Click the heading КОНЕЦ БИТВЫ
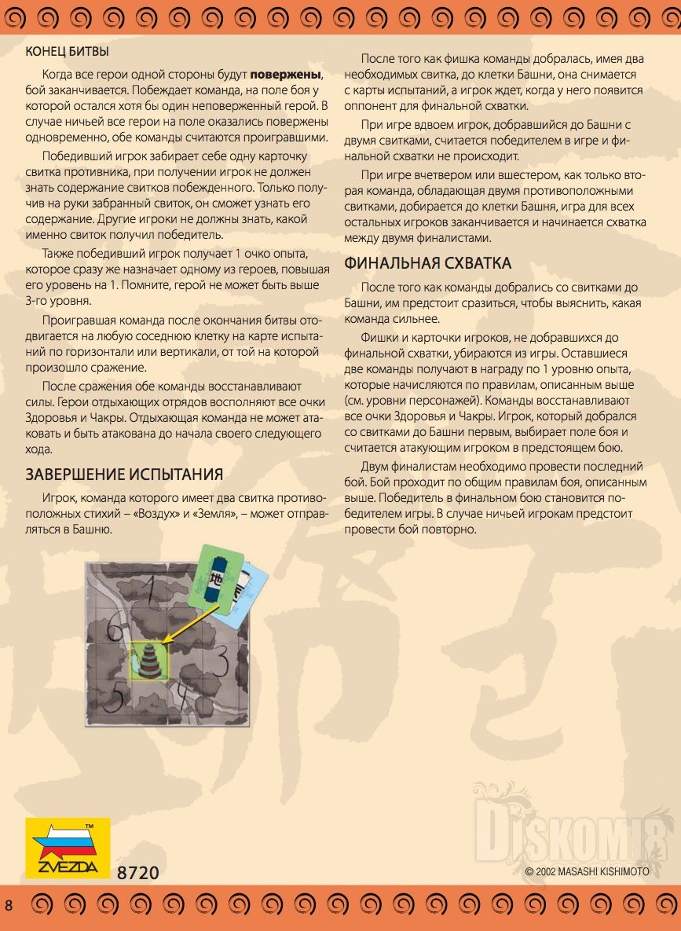[67, 52]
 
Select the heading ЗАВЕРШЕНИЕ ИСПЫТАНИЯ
[124, 474]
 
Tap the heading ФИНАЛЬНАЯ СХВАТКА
[428, 263]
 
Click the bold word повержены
[286, 75]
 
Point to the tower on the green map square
[149, 662]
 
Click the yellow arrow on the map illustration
[185, 628]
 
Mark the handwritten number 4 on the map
[181, 695]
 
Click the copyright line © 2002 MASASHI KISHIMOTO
[587, 871]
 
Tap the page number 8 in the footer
[9, 906]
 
